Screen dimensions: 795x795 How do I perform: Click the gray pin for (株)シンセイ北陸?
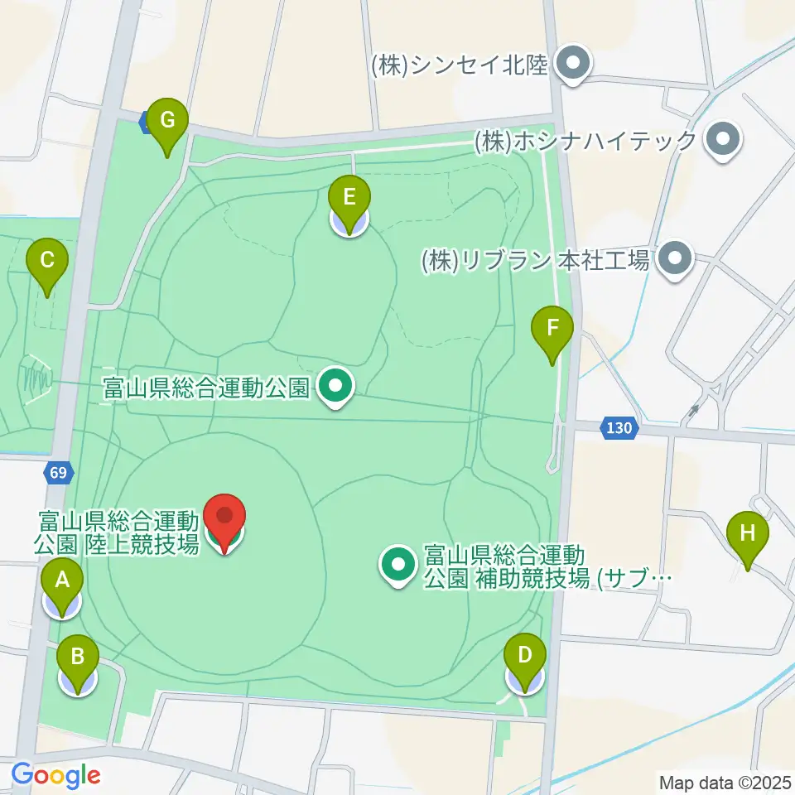[x=571, y=64]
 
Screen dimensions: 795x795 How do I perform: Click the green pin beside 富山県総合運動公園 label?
[x=336, y=386]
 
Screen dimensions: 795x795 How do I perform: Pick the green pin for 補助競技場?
[x=399, y=565]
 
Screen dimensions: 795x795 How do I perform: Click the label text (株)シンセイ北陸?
[x=460, y=65]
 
